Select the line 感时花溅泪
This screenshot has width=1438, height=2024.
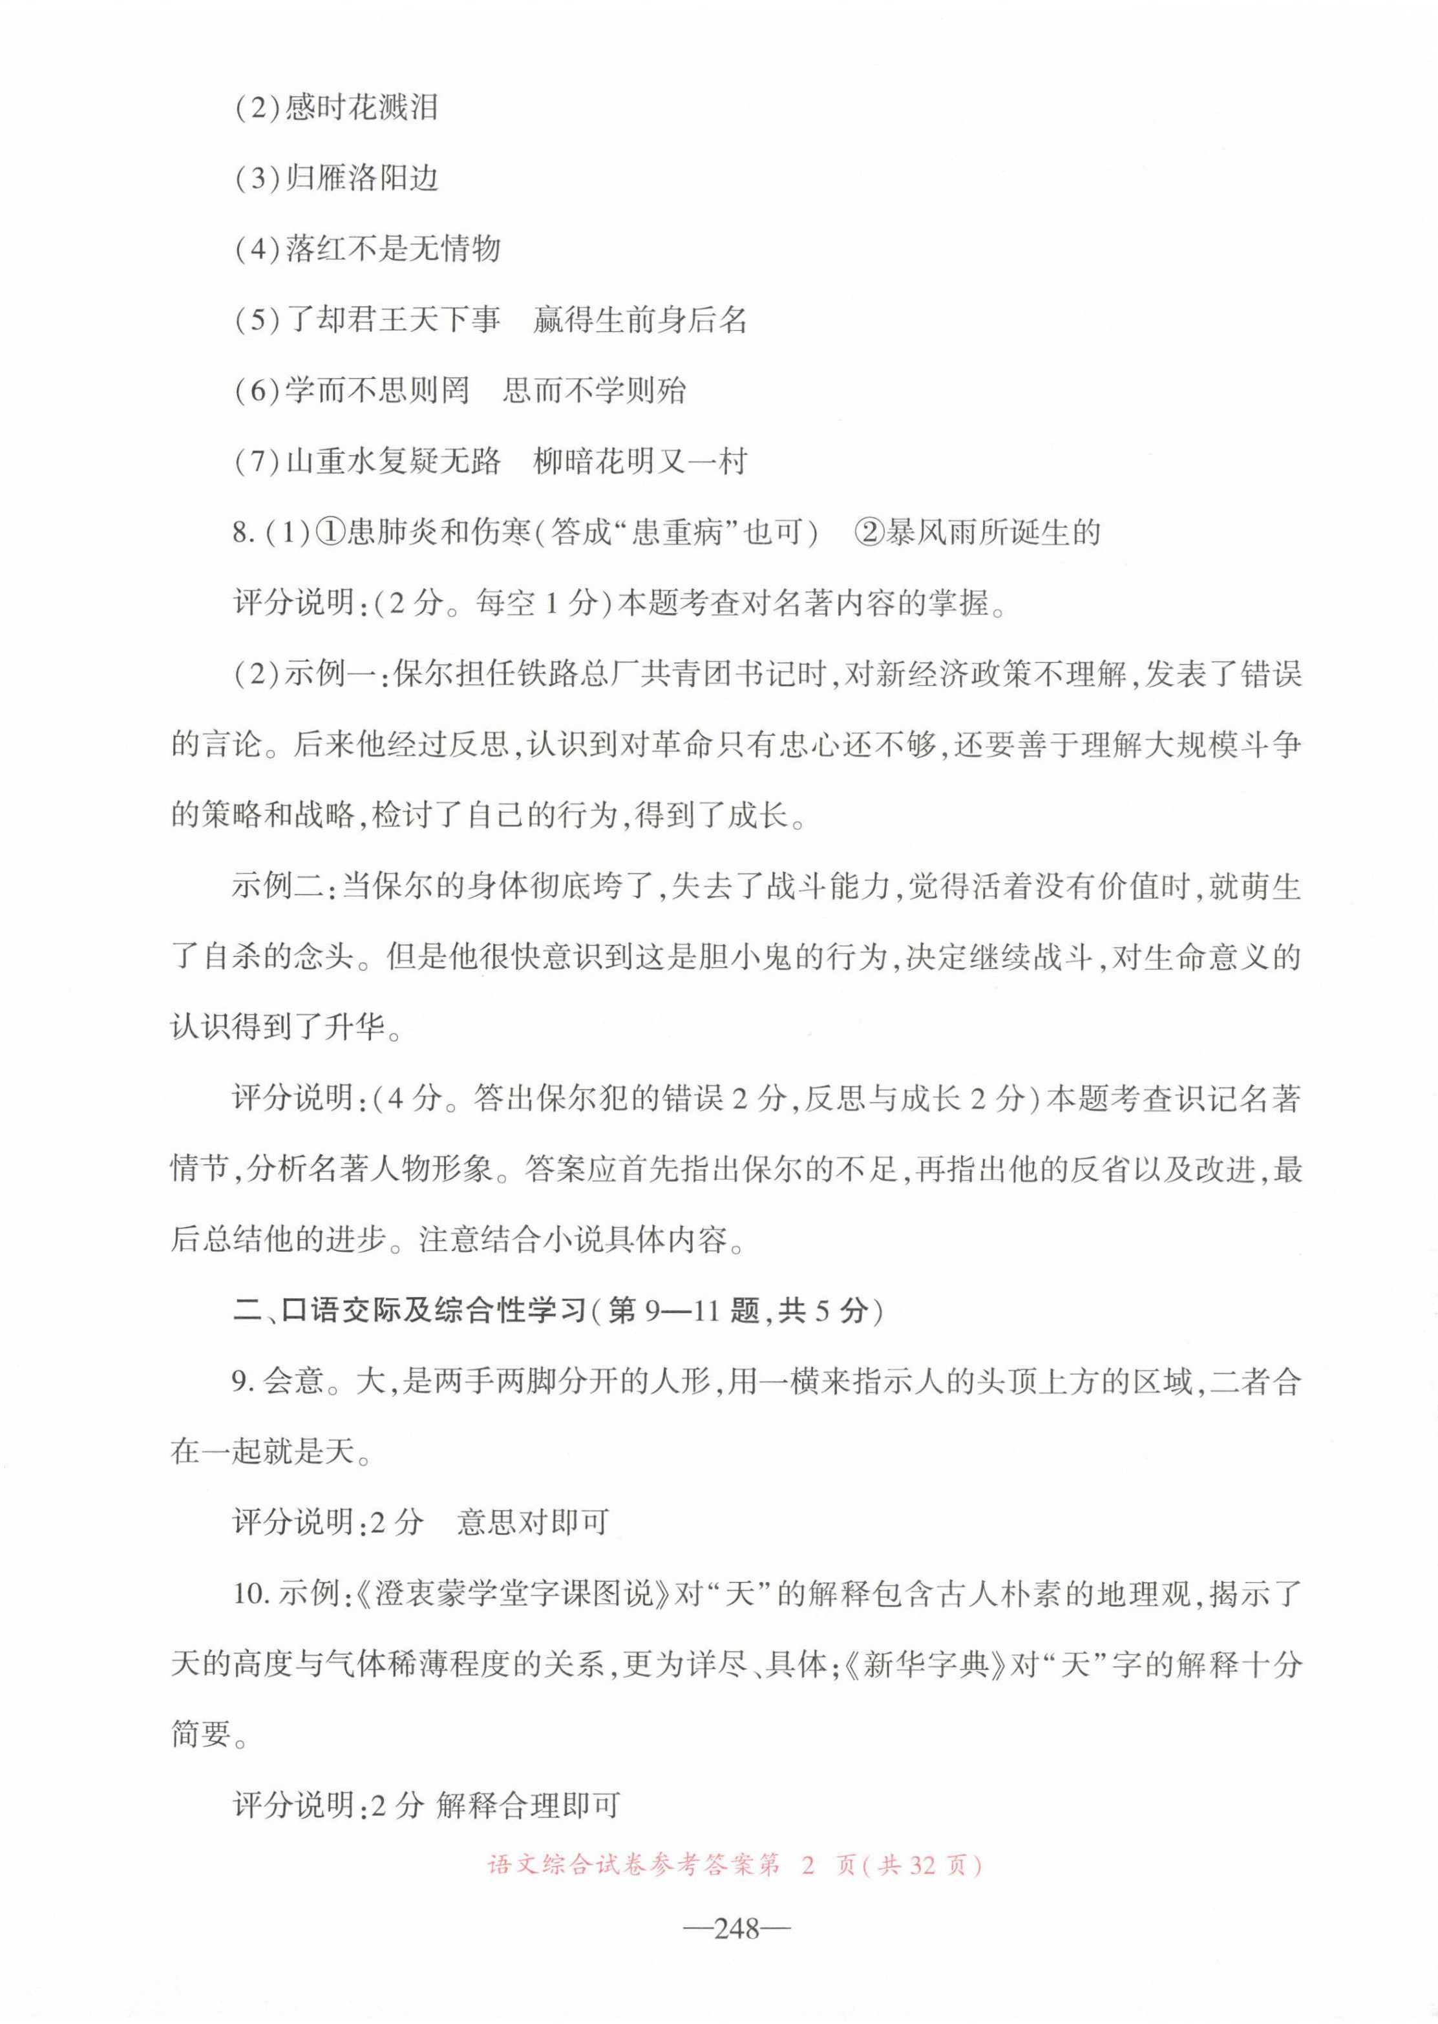coord(361,108)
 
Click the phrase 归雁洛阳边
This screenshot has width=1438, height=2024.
coord(361,179)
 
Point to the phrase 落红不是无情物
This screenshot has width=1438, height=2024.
coord(393,249)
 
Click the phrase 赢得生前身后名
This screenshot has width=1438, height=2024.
coord(640,320)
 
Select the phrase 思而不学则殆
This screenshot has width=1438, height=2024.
coord(594,390)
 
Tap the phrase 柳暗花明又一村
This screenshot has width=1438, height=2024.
coord(640,461)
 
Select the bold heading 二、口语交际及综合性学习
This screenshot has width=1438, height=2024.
coord(409,1311)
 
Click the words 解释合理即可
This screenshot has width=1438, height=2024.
coord(528,1806)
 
